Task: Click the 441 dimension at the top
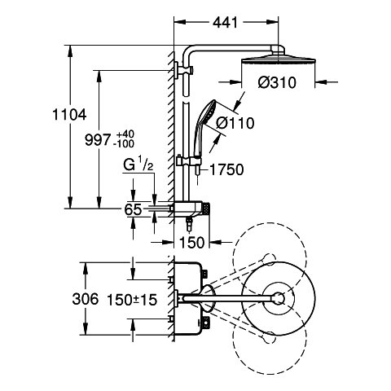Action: (225, 23)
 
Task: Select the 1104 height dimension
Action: (69, 114)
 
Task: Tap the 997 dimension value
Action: (98, 140)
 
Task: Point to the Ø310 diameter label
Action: (277, 82)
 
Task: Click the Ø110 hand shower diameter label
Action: (235, 123)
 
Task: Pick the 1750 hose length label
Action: (226, 169)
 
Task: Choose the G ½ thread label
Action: (138, 165)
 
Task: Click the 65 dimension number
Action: (133, 209)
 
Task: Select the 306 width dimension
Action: (86, 299)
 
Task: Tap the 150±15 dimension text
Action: (132, 300)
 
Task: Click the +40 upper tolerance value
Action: (125, 134)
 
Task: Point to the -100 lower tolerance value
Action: (125, 143)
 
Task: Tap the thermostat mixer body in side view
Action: (189, 209)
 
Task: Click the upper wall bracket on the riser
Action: (184, 70)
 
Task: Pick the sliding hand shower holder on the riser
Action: (188, 160)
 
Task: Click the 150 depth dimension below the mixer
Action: (191, 242)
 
